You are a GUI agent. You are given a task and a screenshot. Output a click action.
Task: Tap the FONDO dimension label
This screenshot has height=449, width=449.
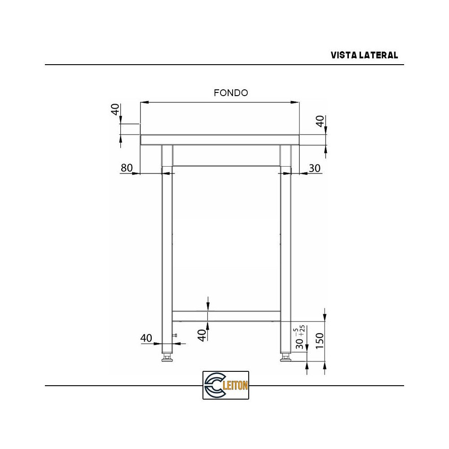[231, 93]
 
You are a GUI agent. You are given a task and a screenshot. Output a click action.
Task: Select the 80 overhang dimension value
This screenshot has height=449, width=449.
[127, 168]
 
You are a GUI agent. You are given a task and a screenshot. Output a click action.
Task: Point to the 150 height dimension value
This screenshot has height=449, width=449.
[319, 341]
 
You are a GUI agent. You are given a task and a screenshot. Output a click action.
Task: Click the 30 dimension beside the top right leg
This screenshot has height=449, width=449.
[315, 168]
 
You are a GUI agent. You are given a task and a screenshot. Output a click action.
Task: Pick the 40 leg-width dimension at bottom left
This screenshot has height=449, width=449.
[146, 338]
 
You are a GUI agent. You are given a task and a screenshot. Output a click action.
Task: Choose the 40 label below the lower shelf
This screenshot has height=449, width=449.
[202, 335]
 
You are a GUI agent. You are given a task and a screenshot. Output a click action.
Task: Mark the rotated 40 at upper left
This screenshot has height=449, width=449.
[116, 109]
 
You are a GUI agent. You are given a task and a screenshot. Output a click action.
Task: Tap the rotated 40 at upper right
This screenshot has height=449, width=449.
[320, 121]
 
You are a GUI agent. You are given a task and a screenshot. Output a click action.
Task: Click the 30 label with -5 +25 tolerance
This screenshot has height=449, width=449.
[299, 343]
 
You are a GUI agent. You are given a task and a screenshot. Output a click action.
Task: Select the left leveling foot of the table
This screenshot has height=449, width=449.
[167, 358]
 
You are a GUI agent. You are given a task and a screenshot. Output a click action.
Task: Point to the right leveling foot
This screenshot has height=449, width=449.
[285, 358]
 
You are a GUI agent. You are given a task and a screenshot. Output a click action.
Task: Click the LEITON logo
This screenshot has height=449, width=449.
[225, 385]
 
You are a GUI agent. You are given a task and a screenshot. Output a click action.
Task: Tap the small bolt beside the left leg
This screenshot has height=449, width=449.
[176, 335]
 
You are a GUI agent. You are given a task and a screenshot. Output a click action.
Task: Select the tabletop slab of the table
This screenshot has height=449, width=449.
[220, 140]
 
